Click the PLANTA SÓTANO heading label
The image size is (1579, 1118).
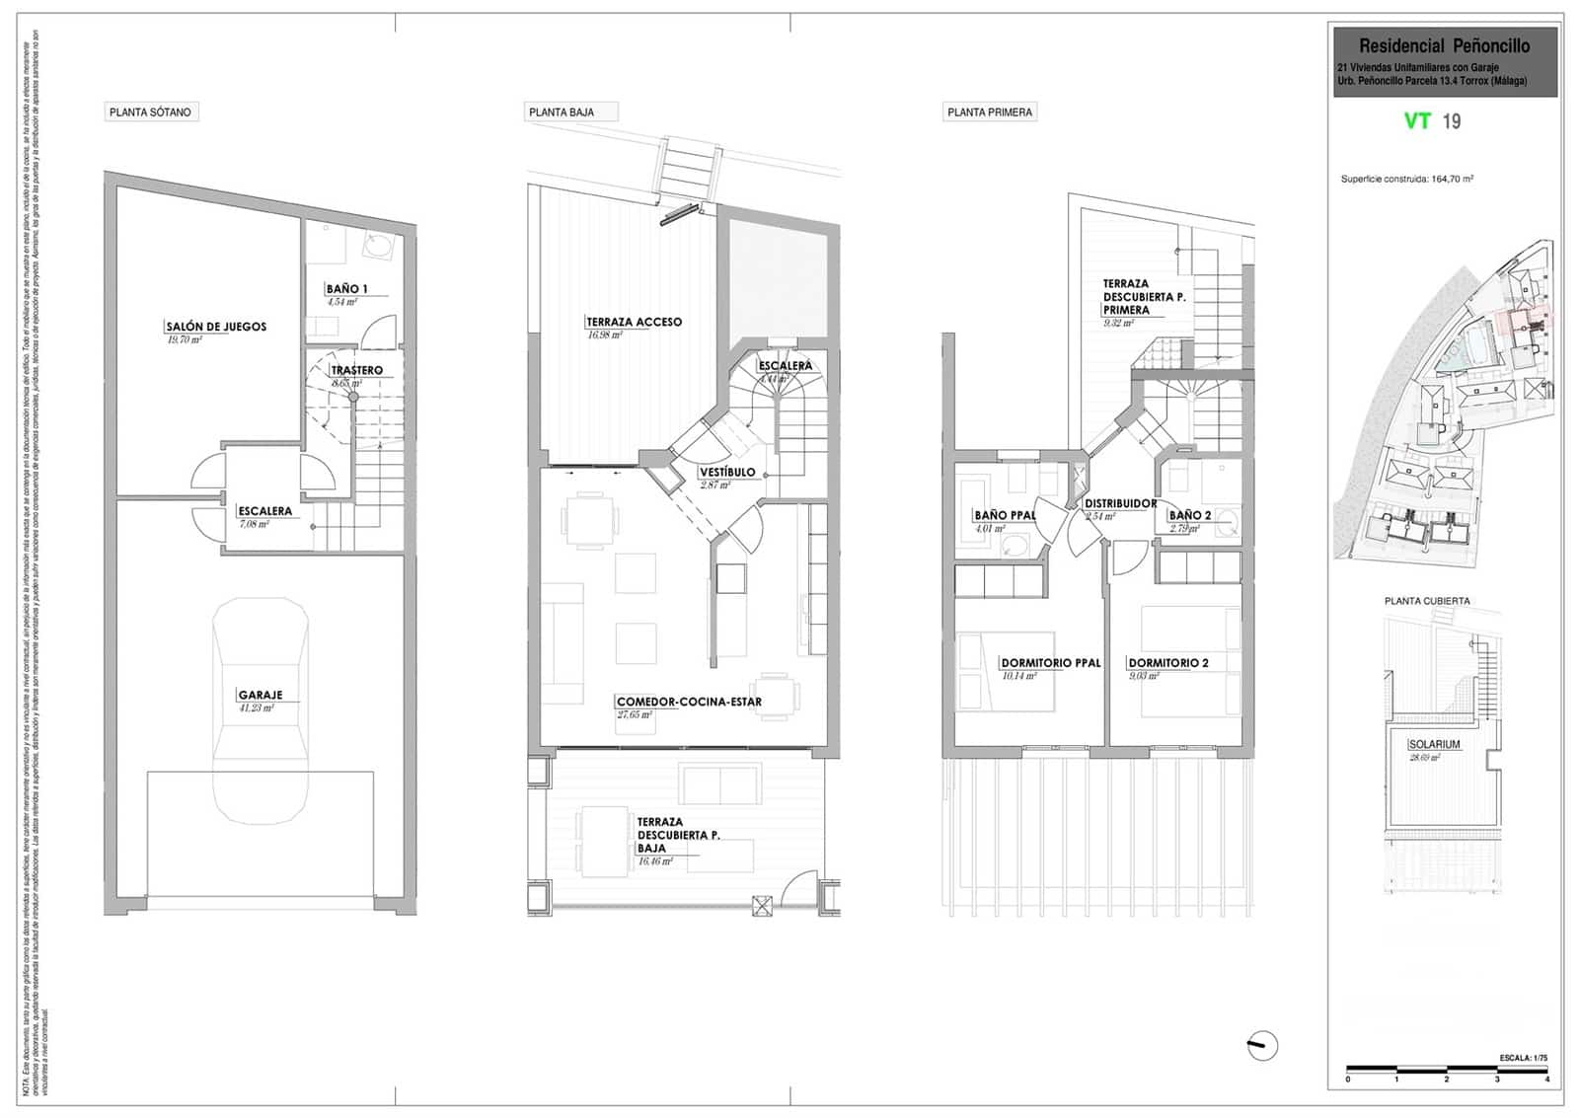(x=150, y=112)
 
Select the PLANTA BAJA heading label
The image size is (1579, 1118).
(x=562, y=112)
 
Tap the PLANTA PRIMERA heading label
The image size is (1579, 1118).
(x=989, y=112)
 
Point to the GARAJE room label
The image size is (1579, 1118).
(x=260, y=695)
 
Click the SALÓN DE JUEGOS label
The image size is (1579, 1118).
(x=216, y=327)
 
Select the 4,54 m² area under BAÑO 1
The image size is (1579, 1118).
(x=341, y=302)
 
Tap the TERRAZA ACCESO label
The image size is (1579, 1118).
(x=634, y=322)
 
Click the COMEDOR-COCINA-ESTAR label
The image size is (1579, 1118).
(x=689, y=702)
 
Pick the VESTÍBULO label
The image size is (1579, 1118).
(x=727, y=472)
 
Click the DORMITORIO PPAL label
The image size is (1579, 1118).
(x=1050, y=663)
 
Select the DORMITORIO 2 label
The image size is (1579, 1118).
(x=1168, y=663)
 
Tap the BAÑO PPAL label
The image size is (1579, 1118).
(x=1005, y=515)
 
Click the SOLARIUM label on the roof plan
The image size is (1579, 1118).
(x=1434, y=745)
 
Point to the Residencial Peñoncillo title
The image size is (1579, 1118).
(x=1444, y=46)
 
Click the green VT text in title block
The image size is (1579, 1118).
(x=1417, y=121)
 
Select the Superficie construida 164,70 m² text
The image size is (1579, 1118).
(x=1406, y=180)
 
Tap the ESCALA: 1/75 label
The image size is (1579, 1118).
(x=1523, y=1058)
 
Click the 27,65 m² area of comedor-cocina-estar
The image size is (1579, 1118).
(x=635, y=714)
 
